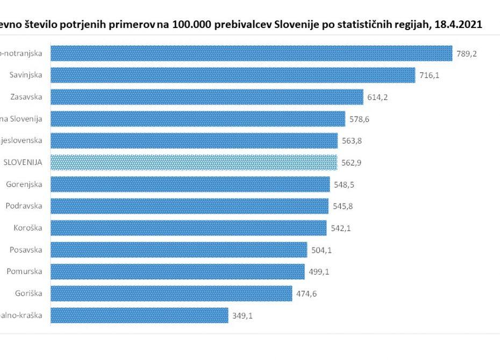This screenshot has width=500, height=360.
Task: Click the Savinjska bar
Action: [x=233, y=75]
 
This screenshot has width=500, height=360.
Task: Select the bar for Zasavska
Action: [x=207, y=97]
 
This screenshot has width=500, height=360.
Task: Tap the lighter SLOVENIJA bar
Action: [x=194, y=162]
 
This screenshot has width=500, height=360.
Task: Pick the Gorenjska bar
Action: [x=190, y=184]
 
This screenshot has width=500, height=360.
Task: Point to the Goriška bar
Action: [x=172, y=293]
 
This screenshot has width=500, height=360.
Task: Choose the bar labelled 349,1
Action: [x=140, y=315]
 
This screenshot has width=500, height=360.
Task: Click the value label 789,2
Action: [x=466, y=54]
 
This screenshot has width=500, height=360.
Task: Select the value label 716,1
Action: [x=429, y=75]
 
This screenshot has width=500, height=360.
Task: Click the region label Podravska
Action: [x=24, y=206]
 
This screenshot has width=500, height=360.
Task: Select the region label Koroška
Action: [x=28, y=228]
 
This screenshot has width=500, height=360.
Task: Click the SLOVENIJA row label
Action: [x=23, y=162]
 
